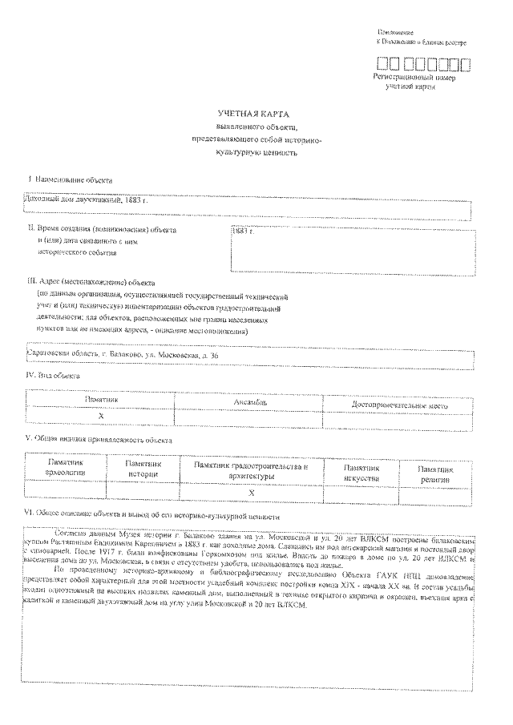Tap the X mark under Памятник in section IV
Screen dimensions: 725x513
pyautogui.click(x=101, y=417)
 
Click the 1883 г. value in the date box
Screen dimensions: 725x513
pyautogui.click(x=241, y=231)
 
